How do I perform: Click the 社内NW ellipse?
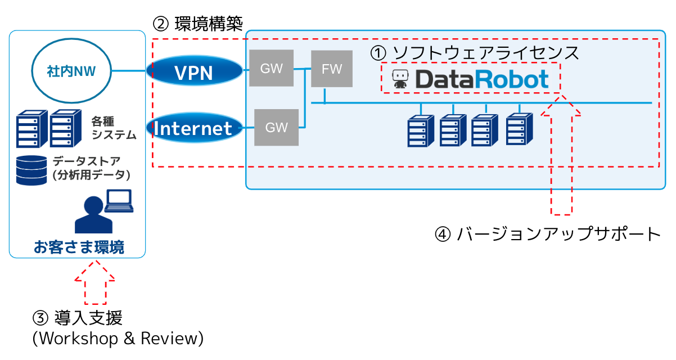[x=71, y=71]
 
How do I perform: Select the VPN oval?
[x=194, y=71]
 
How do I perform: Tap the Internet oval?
[x=194, y=128]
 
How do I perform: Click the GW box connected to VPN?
[x=271, y=68]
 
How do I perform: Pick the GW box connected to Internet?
[x=276, y=128]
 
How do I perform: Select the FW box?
[x=332, y=69]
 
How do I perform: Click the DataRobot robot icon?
[x=400, y=79]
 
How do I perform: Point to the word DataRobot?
[x=481, y=79]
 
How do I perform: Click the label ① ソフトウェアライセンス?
[x=474, y=52]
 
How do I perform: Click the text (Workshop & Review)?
[x=118, y=339]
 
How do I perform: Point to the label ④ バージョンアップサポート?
[x=548, y=234]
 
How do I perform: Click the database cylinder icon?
[x=31, y=170]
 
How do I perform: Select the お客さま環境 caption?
[x=79, y=246]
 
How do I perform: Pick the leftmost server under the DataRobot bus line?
[x=421, y=129]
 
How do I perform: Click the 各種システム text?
[x=114, y=128]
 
